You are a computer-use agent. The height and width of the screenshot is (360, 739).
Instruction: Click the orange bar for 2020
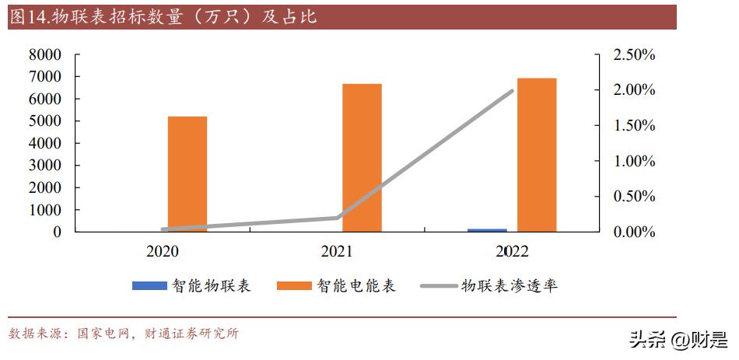point(187,174)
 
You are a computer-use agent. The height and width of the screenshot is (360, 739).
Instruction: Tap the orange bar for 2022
point(537,155)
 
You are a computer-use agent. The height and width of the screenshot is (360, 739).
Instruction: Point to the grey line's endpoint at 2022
point(513,91)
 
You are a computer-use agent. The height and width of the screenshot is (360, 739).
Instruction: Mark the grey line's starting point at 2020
point(163,229)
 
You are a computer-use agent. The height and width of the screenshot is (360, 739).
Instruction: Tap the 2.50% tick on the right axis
point(634,55)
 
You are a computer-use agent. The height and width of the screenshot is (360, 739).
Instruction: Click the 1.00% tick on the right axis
point(634,162)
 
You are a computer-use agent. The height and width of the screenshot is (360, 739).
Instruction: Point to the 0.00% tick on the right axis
point(634,232)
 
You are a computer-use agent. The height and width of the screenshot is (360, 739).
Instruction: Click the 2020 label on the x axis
point(162,252)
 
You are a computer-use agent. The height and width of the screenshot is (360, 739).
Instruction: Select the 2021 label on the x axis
point(337,252)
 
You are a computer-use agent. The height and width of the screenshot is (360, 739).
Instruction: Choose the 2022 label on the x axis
point(512,252)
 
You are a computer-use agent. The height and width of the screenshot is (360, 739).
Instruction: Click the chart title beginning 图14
point(163,17)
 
